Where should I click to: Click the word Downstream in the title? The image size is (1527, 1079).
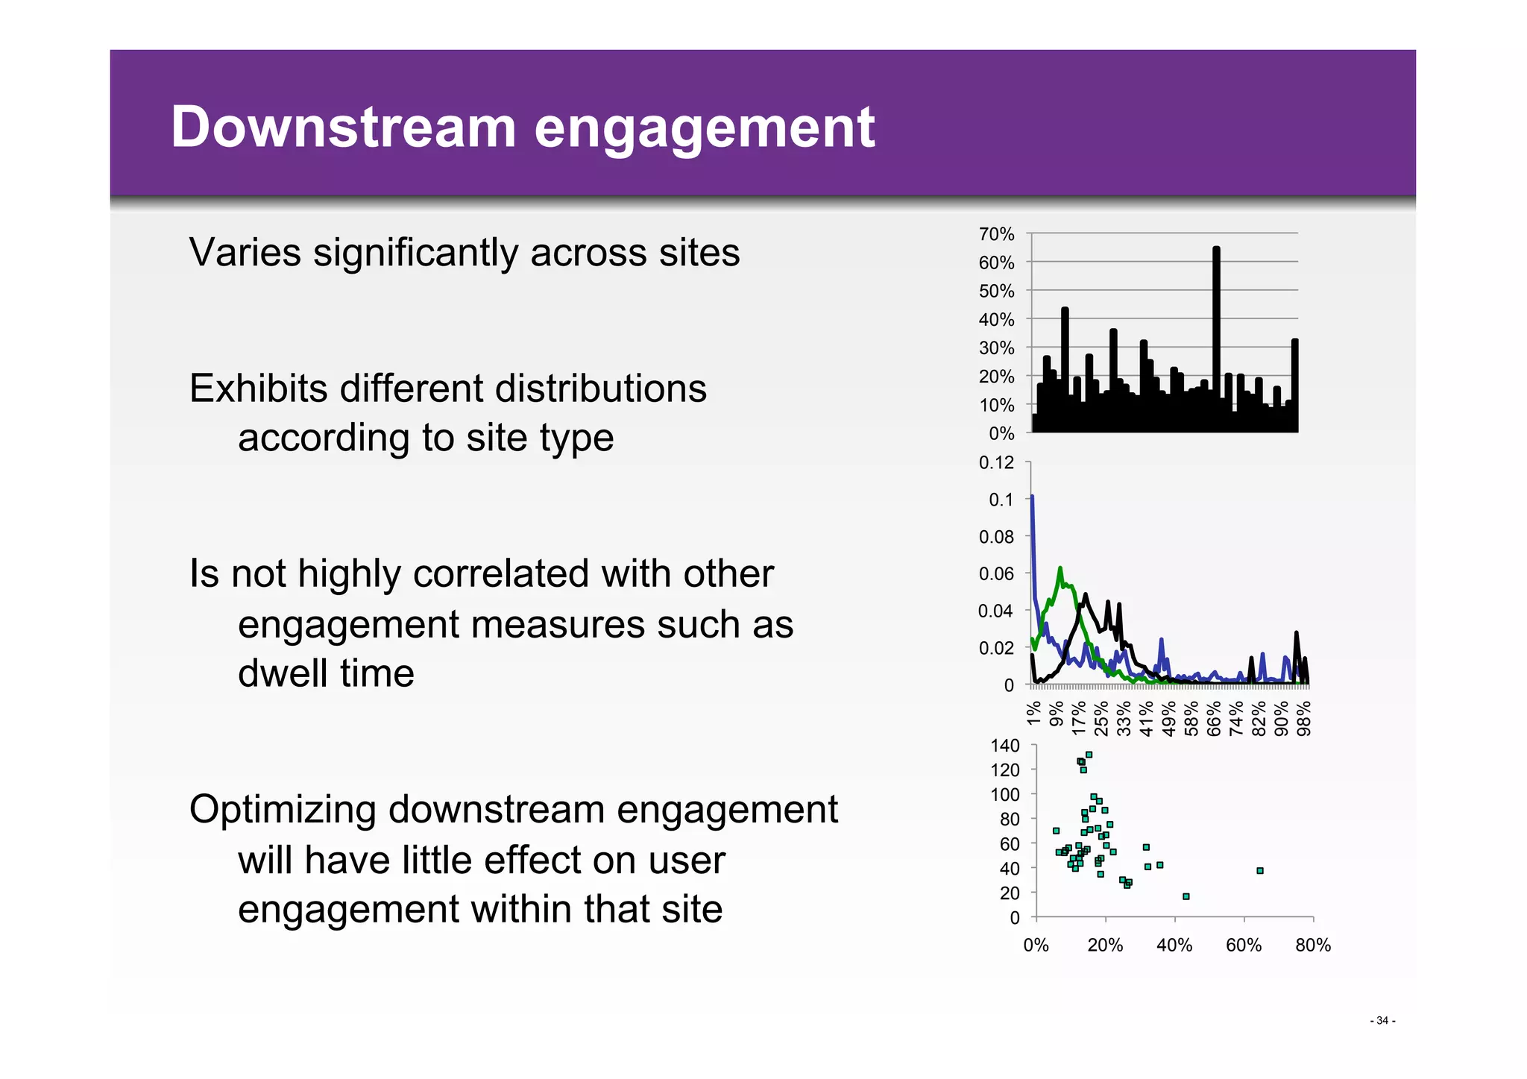(343, 127)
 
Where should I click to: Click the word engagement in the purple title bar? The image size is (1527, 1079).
(704, 128)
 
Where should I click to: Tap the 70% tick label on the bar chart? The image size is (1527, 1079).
(996, 234)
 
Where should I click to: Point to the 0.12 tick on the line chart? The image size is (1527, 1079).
(996, 462)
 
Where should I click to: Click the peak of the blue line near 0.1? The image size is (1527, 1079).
(1032, 497)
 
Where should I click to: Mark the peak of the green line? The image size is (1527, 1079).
(1060, 570)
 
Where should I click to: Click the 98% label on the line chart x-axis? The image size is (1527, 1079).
(1304, 718)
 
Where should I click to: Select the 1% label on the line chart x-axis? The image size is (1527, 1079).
(1033, 714)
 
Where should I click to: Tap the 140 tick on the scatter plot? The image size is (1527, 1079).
(1004, 746)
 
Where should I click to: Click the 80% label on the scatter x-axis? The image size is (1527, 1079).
(1312, 945)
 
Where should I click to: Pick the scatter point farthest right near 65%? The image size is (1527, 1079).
(1259, 870)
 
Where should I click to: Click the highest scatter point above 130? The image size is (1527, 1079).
(1089, 755)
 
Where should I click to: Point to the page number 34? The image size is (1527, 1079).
(1382, 1020)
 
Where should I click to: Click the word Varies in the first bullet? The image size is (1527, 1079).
(245, 252)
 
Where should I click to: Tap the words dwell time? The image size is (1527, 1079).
(326, 673)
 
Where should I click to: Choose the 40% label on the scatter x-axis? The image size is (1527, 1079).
(1174, 945)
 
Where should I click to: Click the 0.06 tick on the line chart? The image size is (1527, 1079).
(996, 573)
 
